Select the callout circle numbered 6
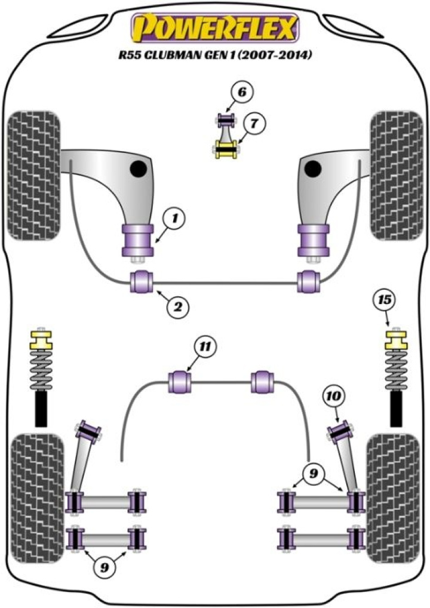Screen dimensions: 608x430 pyautogui.click(x=241, y=93)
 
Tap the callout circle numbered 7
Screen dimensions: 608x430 pyautogui.click(x=254, y=124)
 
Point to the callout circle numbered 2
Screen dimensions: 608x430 pyautogui.click(x=177, y=307)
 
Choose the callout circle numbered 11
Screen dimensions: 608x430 pyautogui.click(x=205, y=346)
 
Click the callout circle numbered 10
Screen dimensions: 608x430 pyautogui.click(x=334, y=395)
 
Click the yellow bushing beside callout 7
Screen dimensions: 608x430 pyautogui.click(x=226, y=147)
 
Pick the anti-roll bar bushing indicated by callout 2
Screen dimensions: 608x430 pyautogui.click(x=143, y=281)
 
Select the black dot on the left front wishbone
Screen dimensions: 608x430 pyautogui.click(x=139, y=169)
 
